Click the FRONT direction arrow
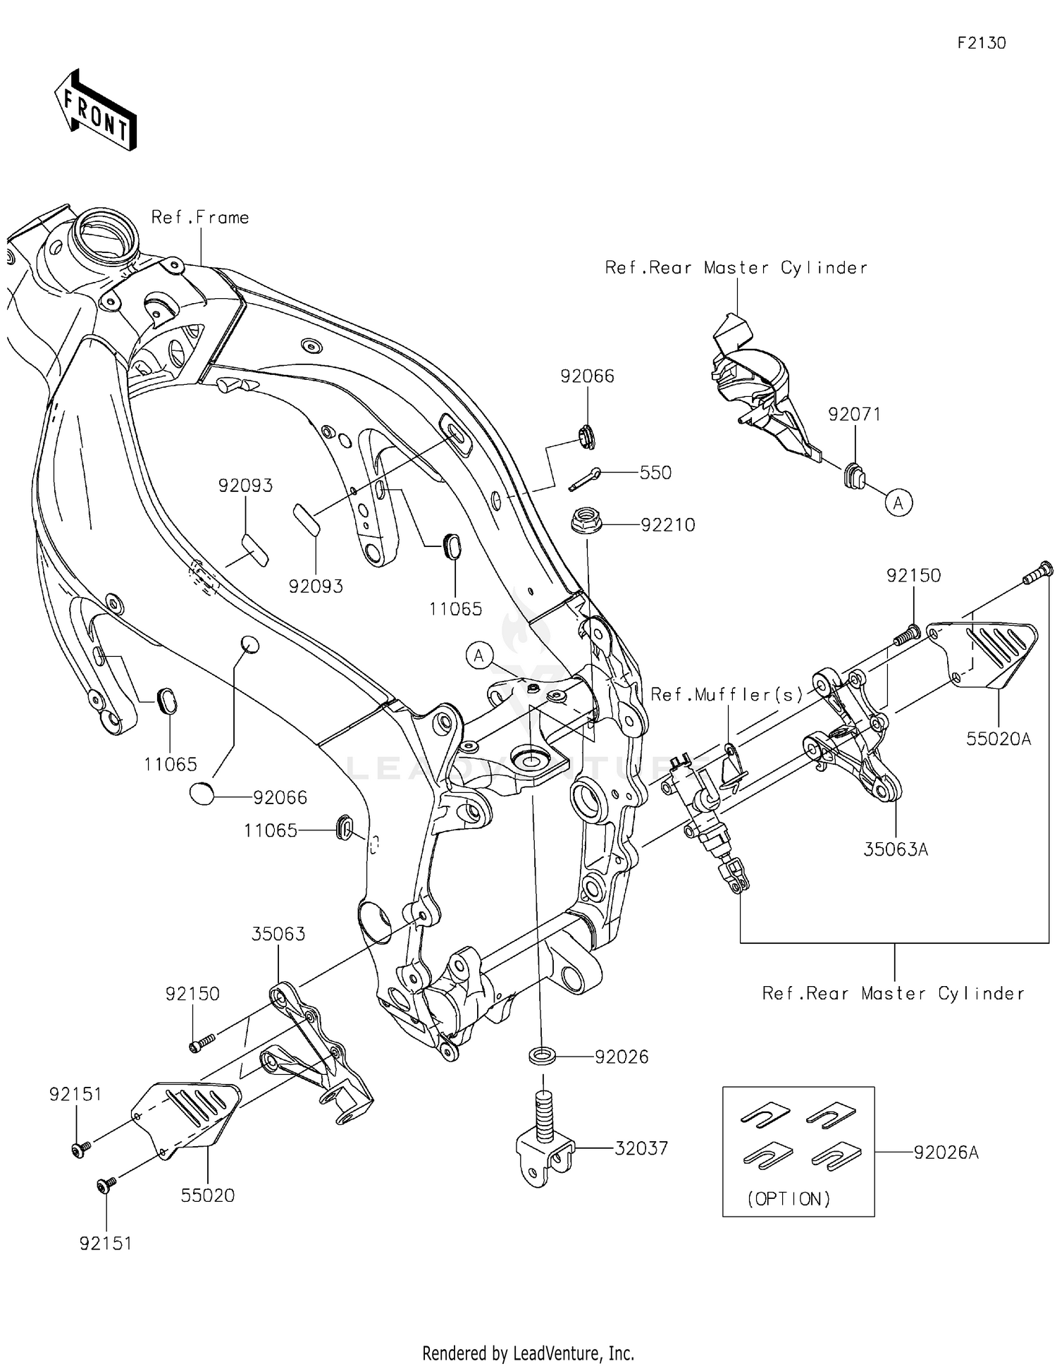pyautogui.click(x=95, y=111)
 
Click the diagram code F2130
pyautogui.click(x=981, y=43)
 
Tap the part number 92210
pyautogui.click(x=667, y=525)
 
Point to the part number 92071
pyautogui.click(x=854, y=414)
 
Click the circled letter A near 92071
pyautogui.click(x=898, y=503)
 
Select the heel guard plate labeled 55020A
pyautogui.click(x=987, y=652)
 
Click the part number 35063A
pyautogui.click(x=896, y=850)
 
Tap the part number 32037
pyautogui.click(x=641, y=1148)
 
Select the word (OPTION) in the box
pyautogui.click(x=789, y=1199)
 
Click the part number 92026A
pyautogui.click(x=946, y=1152)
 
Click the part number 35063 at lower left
pyautogui.click(x=278, y=934)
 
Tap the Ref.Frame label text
pyautogui.click(x=200, y=218)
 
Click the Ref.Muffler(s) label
pyautogui.click(x=727, y=695)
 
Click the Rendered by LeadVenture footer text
pyautogui.click(x=528, y=1353)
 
